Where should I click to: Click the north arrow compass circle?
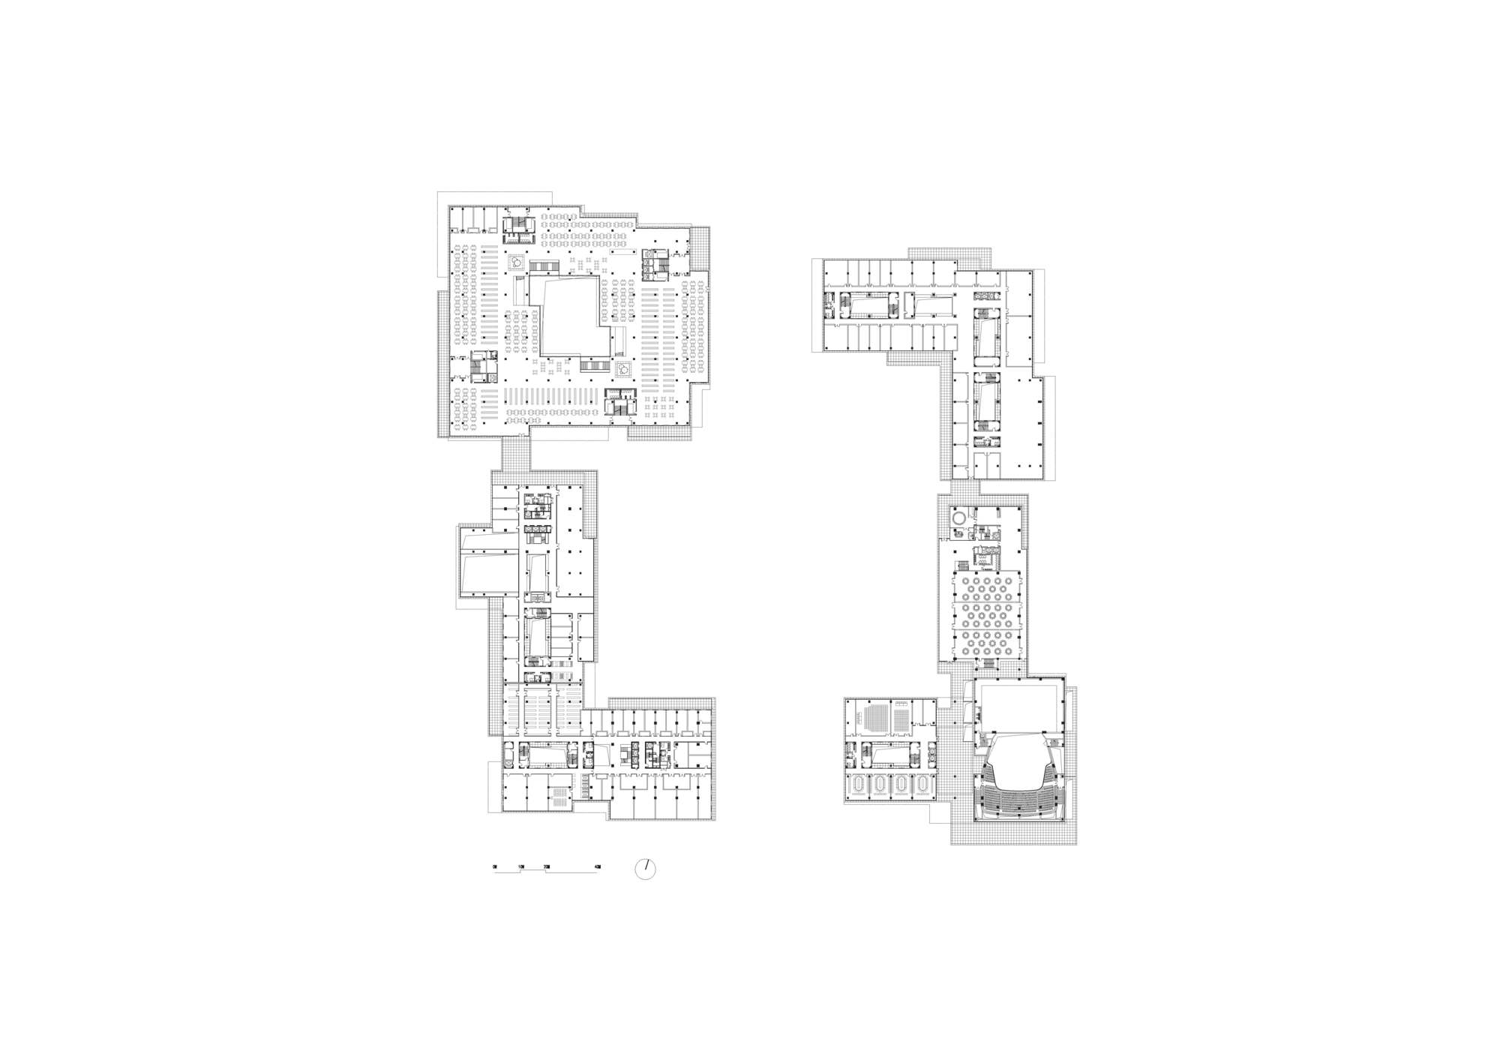tap(645, 869)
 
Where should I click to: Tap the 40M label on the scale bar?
tap(597, 866)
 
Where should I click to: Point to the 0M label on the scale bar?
tap(495, 866)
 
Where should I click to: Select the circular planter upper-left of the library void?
tap(516, 262)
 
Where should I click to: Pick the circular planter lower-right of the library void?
tap(622, 369)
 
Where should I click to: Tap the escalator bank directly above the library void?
tap(545, 266)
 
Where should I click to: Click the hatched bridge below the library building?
tap(515, 452)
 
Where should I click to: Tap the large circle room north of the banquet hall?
tap(959, 517)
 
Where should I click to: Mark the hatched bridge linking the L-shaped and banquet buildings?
tap(964, 487)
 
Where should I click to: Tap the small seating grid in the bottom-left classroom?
tap(558, 797)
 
